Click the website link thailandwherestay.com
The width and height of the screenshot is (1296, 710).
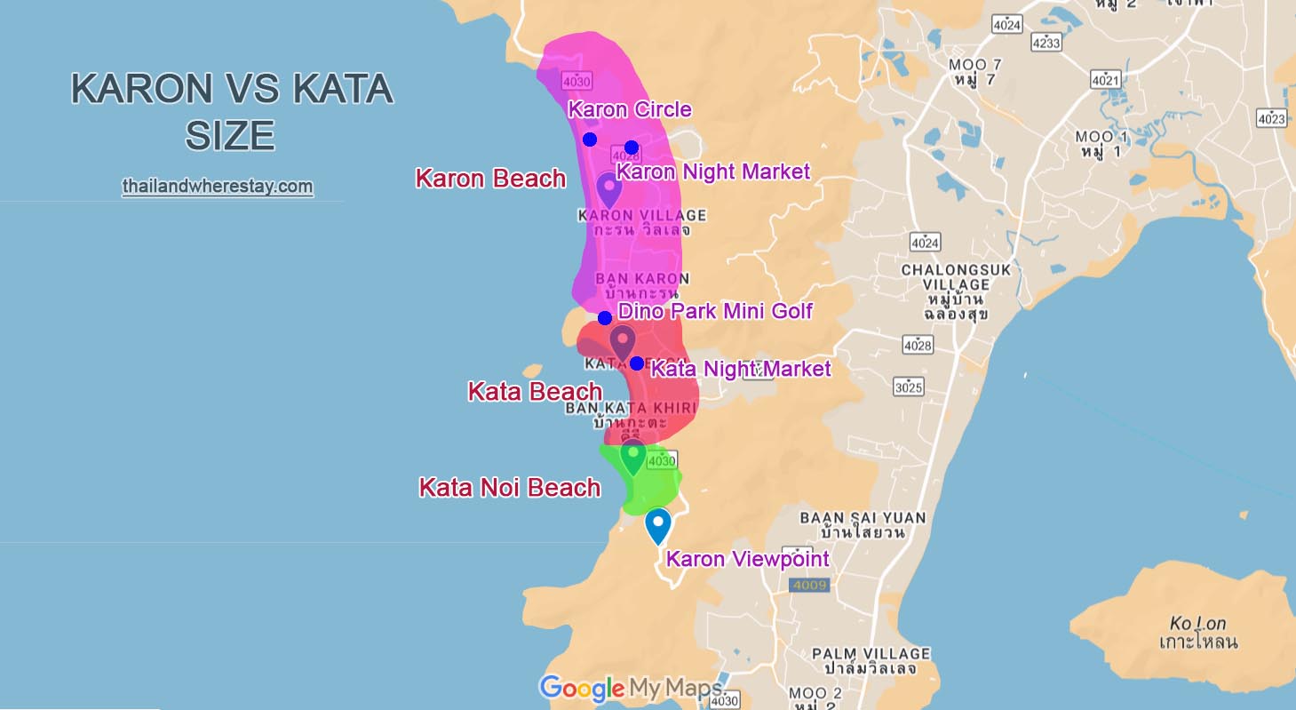pos(218,187)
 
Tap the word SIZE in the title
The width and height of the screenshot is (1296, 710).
pos(230,136)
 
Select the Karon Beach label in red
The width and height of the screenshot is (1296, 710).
pos(490,179)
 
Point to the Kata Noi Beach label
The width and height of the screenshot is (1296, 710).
pos(509,487)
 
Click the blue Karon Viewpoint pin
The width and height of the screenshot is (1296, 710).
pos(657,525)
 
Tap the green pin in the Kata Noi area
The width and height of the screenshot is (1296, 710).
pos(632,457)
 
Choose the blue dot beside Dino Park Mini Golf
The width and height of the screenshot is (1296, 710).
pos(605,318)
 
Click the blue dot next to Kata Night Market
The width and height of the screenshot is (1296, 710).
pos(637,363)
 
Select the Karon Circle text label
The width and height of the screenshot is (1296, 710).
pos(629,110)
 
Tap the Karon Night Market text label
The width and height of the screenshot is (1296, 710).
pos(713,172)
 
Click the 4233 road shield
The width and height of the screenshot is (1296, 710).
pos(1046,43)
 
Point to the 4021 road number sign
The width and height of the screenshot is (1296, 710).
pos(1106,80)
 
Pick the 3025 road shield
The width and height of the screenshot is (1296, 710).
pos(909,387)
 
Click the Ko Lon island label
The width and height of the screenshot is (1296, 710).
pos(1198,631)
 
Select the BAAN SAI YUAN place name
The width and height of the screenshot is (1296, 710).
pos(863,524)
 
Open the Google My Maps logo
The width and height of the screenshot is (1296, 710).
pos(632,688)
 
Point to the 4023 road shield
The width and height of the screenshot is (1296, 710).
pos(1271,118)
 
